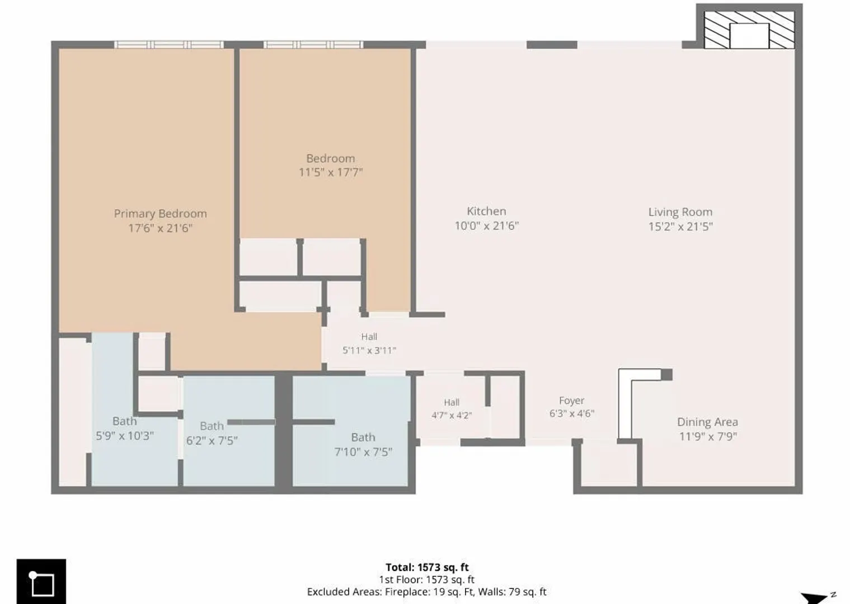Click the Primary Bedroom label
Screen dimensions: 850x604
161,214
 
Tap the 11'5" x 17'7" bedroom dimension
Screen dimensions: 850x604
331,172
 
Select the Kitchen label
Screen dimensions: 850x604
486,211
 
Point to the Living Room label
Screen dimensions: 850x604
680,213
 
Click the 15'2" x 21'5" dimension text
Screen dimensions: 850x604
680,226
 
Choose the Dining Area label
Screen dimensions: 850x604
708,422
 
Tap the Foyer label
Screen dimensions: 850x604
571,401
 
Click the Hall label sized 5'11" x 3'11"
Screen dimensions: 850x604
369,337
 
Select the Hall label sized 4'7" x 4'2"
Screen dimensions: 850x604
452,402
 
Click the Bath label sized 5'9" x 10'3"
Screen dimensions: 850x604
124,421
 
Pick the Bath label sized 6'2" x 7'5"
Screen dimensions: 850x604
212,426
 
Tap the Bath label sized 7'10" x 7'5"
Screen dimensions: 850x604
363,437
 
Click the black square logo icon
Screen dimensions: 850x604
41,581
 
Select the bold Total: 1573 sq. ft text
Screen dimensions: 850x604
427,567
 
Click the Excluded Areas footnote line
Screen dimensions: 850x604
426,592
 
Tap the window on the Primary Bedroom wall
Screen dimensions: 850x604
169,45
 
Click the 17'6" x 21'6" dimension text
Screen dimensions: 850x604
161,228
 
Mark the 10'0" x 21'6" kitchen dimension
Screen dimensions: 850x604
486,226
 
